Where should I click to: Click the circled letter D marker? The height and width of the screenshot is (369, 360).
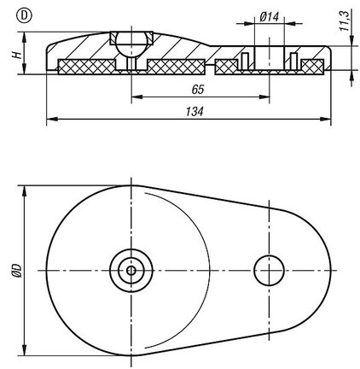[24, 15]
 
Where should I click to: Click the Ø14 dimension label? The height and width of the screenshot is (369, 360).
[269, 16]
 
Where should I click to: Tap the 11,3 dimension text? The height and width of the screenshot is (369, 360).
[345, 20]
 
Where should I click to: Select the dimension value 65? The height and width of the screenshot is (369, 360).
[198, 90]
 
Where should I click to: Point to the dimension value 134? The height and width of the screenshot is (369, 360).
[195, 111]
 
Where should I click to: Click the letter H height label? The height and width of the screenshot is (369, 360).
[17, 55]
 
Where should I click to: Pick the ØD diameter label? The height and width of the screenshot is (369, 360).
[17, 271]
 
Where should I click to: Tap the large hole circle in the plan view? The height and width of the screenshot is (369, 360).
[269, 271]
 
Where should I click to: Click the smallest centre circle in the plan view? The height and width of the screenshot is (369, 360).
[131, 271]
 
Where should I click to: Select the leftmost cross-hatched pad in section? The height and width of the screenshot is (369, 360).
[86, 67]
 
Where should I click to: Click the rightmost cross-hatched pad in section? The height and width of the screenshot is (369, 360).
[312, 67]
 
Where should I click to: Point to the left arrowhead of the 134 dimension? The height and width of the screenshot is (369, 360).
[50, 119]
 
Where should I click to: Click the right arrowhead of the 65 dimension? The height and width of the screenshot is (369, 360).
[264, 97]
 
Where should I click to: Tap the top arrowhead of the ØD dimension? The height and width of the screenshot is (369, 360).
[24, 190]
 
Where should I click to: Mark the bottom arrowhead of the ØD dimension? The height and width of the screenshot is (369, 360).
[24, 350]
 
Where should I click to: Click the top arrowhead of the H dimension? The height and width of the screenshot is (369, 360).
[24, 37]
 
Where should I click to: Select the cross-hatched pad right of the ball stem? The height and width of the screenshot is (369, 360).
[176, 67]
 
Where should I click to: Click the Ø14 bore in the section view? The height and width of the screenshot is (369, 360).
[269, 58]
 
